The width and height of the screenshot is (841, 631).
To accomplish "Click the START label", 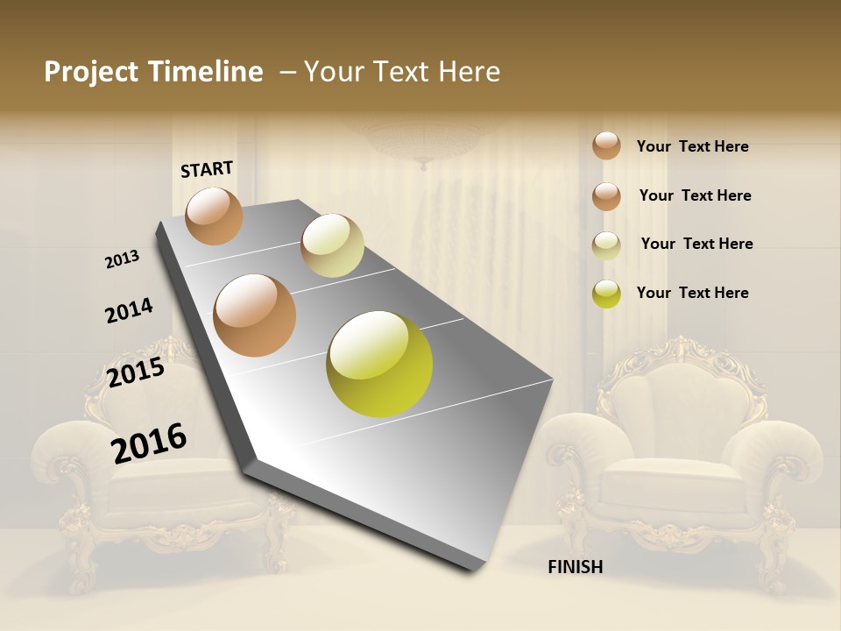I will (x=207, y=169).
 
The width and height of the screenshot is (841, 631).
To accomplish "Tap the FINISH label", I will (x=575, y=567).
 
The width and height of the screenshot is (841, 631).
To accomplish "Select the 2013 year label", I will (x=123, y=259).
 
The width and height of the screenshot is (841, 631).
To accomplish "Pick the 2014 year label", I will (x=129, y=310).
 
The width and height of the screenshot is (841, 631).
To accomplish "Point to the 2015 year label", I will (x=136, y=372).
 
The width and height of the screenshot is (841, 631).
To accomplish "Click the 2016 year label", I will (x=149, y=443).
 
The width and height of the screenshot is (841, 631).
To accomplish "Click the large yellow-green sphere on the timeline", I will (x=379, y=364).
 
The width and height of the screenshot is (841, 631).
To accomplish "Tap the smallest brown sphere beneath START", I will (x=214, y=216).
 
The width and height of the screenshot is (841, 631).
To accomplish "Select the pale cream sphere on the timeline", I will (x=332, y=245).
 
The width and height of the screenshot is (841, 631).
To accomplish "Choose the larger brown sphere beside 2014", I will (x=255, y=315).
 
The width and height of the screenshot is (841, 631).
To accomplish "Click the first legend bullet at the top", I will (x=606, y=145).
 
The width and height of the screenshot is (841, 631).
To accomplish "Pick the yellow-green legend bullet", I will (x=606, y=294).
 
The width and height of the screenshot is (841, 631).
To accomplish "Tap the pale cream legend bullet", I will (x=606, y=245).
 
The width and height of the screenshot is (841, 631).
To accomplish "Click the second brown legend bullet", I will (x=606, y=195).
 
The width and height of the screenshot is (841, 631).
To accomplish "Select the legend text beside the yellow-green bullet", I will (x=692, y=293).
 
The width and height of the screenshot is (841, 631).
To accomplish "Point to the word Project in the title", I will (x=90, y=72).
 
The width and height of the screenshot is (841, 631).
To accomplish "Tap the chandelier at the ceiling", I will (x=424, y=140).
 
